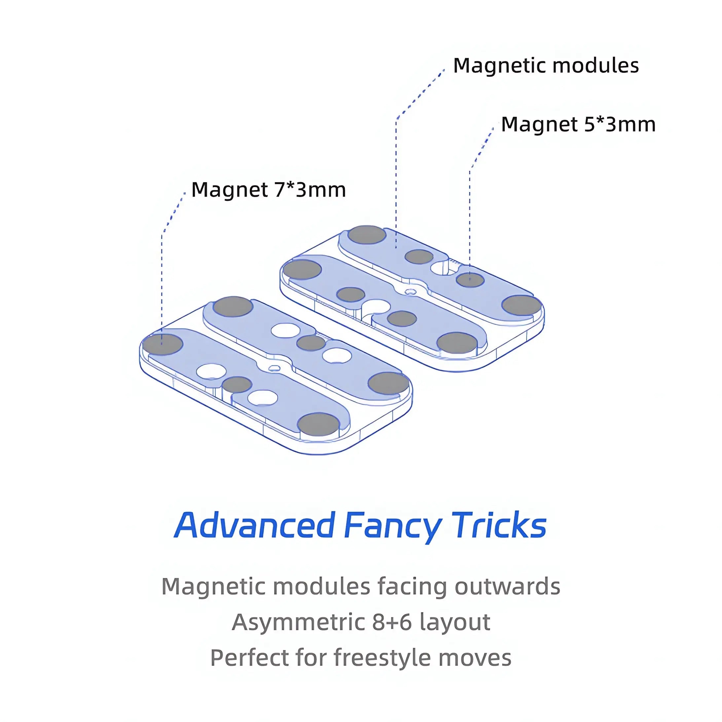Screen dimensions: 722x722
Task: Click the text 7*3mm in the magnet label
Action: pyautogui.click(x=310, y=190)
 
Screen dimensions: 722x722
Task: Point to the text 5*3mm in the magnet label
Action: pyautogui.click(x=620, y=124)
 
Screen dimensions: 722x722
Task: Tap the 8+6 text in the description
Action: pyautogui.click(x=392, y=622)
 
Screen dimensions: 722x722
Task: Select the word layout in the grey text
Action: pyautogui.click(x=455, y=623)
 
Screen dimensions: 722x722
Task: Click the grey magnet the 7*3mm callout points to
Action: pyautogui.click(x=163, y=344)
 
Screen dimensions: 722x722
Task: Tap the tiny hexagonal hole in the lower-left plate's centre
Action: pyautogui.click(x=275, y=368)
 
